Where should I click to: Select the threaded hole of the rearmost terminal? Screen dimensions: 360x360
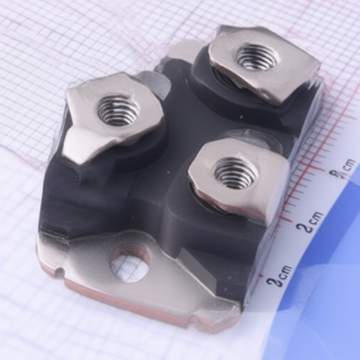point(255,56)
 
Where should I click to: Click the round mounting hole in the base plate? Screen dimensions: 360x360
point(130,263)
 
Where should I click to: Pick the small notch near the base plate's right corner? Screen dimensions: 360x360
point(192,322)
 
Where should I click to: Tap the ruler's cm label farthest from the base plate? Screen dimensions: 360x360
point(345,168)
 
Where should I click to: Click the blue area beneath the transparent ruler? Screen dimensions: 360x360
point(330,281)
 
